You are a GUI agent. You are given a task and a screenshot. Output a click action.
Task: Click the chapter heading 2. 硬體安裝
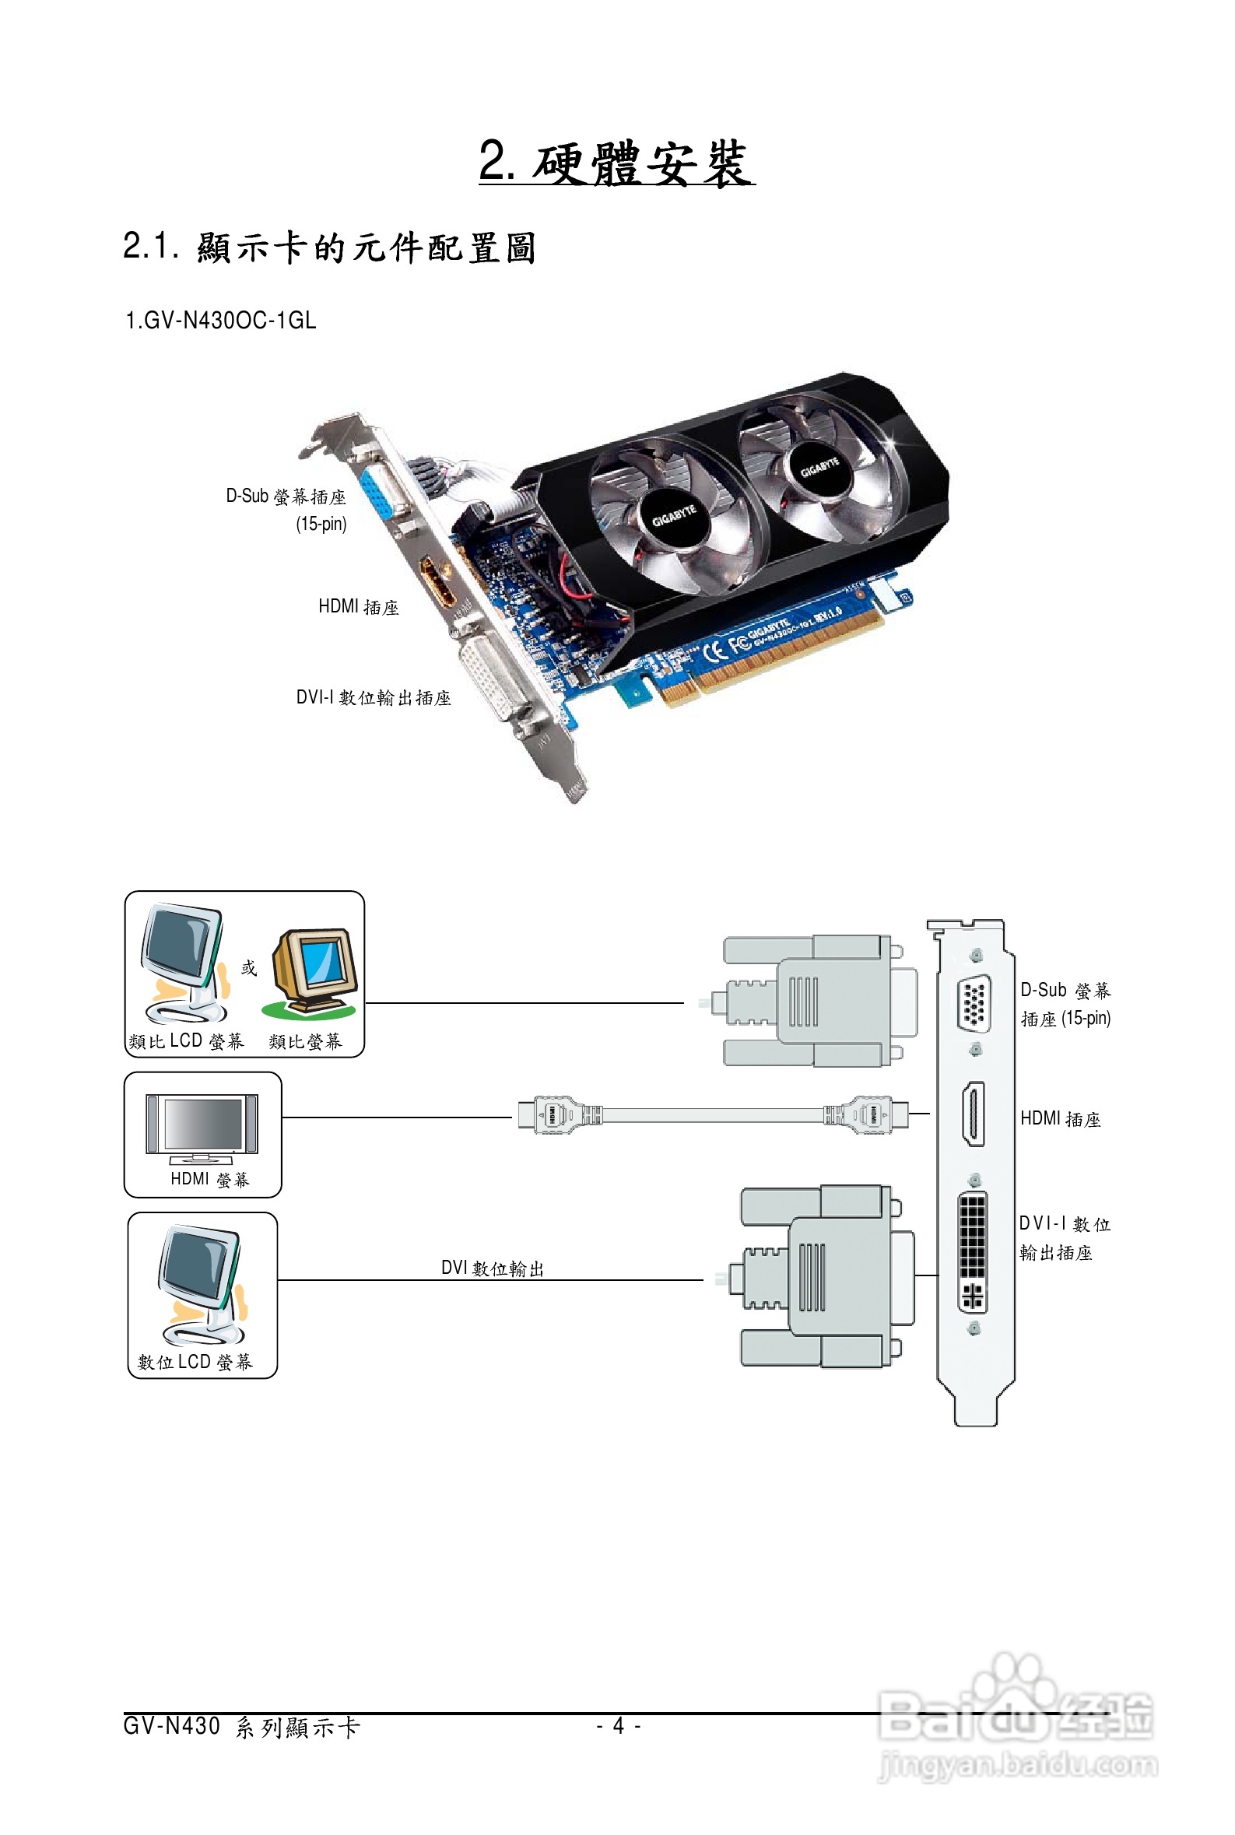(616, 163)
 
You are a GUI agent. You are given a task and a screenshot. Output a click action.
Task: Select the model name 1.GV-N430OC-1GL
(220, 321)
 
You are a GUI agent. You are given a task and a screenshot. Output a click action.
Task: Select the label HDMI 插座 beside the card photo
(359, 606)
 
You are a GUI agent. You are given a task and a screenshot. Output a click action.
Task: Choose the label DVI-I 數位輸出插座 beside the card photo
(374, 698)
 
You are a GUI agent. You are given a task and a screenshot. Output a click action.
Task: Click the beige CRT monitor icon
(314, 974)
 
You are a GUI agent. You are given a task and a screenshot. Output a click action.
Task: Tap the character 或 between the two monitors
(249, 968)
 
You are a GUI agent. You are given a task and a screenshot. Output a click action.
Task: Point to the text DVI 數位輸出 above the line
(493, 1268)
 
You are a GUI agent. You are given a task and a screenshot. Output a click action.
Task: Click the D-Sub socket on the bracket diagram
(974, 1002)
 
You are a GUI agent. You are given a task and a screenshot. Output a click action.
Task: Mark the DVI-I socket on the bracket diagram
(973, 1251)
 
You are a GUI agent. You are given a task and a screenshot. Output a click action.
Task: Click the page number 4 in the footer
(619, 1726)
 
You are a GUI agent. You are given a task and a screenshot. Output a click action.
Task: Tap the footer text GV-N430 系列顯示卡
(242, 1727)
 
